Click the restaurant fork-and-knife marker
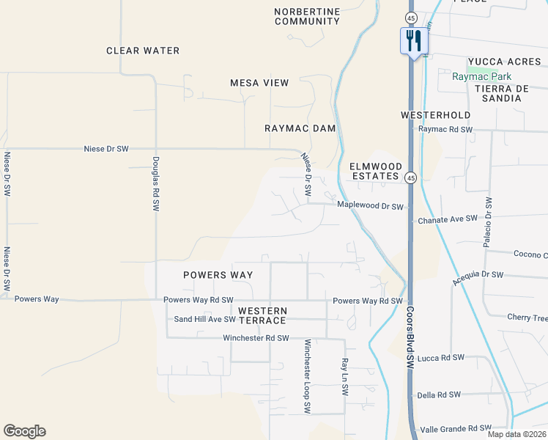413,40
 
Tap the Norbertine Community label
307,16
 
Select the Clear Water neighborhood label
143,51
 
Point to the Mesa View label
259,83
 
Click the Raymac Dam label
300,128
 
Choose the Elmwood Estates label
374,171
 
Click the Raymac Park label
481,76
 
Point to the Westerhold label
436,115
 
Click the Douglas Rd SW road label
156,184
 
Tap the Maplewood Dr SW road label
370,206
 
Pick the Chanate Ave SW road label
447,219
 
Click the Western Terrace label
262,316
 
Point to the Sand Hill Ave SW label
204,319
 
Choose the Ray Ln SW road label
344,377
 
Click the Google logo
24,431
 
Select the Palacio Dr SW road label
489,220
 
